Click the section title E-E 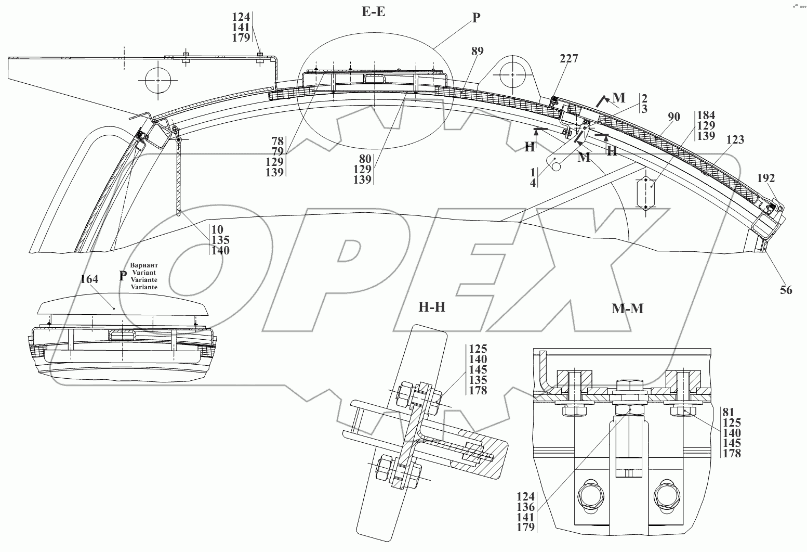pos(374,11)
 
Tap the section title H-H pos(432,307)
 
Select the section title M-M pos(627,309)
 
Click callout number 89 pos(477,51)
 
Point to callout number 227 pos(568,59)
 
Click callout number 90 pos(673,117)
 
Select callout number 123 pos(735,139)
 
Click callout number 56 pos(786,290)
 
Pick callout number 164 pos(89,279)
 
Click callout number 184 pos(706,115)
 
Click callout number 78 pos(277,140)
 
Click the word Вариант pos(144,265)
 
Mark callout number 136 pos(525,507)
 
